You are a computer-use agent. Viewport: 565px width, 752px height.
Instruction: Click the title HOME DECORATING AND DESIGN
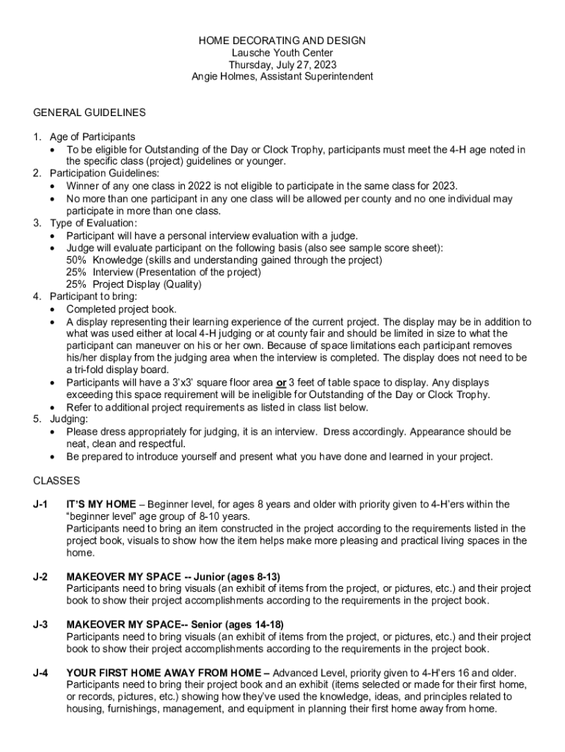(x=282, y=41)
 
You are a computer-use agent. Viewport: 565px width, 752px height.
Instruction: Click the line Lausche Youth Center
(x=282, y=53)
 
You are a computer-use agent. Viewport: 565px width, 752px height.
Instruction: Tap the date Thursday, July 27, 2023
(x=282, y=65)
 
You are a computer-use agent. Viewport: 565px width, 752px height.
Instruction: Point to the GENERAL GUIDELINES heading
(x=90, y=112)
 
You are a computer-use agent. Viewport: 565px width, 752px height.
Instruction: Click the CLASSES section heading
(x=56, y=480)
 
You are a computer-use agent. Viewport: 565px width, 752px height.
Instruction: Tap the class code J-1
(x=40, y=505)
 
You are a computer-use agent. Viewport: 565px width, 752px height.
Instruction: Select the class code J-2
(x=40, y=576)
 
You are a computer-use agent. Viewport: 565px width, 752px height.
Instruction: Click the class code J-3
(x=40, y=625)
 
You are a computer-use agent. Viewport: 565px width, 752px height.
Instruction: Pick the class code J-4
(x=40, y=673)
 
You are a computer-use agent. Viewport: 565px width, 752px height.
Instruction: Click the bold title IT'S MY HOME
(x=101, y=505)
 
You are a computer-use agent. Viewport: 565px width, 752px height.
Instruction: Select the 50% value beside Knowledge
(x=76, y=260)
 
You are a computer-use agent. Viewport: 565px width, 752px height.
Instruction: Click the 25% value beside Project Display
(x=76, y=284)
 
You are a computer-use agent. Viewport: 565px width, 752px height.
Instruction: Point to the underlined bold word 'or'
(x=280, y=383)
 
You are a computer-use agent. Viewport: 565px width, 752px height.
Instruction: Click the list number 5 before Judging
(x=37, y=419)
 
